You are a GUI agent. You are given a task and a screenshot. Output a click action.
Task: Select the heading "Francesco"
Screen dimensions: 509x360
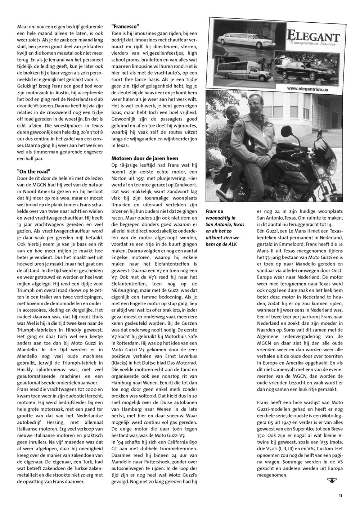tap(125, 27)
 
